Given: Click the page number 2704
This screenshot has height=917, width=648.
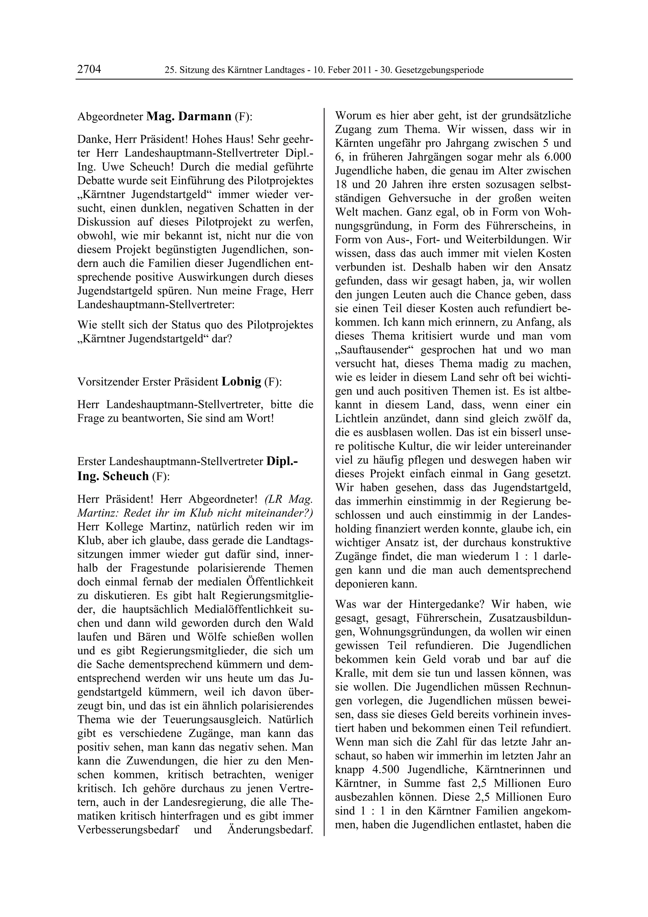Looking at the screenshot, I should [x=89, y=70].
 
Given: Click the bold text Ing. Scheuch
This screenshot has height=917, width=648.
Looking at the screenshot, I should [x=113, y=476].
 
